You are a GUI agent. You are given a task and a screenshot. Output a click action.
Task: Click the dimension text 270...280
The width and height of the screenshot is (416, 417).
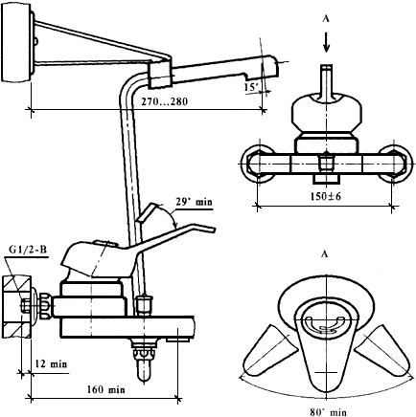pyautogui.click(x=165, y=101)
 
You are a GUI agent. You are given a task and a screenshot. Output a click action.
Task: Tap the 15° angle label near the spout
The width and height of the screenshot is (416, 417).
pyautogui.click(x=252, y=87)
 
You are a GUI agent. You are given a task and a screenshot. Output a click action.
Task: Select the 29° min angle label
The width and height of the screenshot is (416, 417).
pyautogui.click(x=194, y=202)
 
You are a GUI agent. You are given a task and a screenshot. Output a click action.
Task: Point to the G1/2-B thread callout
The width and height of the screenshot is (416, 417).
pyautogui.click(x=28, y=250)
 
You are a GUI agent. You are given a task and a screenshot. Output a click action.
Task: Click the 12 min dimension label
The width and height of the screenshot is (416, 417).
pyautogui.click(x=51, y=363)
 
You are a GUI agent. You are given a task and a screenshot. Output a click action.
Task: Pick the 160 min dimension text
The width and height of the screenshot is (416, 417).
pyautogui.click(x=106, y=389)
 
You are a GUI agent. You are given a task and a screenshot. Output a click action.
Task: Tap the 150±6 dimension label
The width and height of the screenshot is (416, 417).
pyautogui.click(x=326, y=196)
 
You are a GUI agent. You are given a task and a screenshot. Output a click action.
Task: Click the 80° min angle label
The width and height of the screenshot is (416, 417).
pyautogui.click(x=328, y=412)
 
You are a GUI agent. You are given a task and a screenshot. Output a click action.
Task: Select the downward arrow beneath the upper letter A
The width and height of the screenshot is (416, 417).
pyautogui.click(x=326, y=41)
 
